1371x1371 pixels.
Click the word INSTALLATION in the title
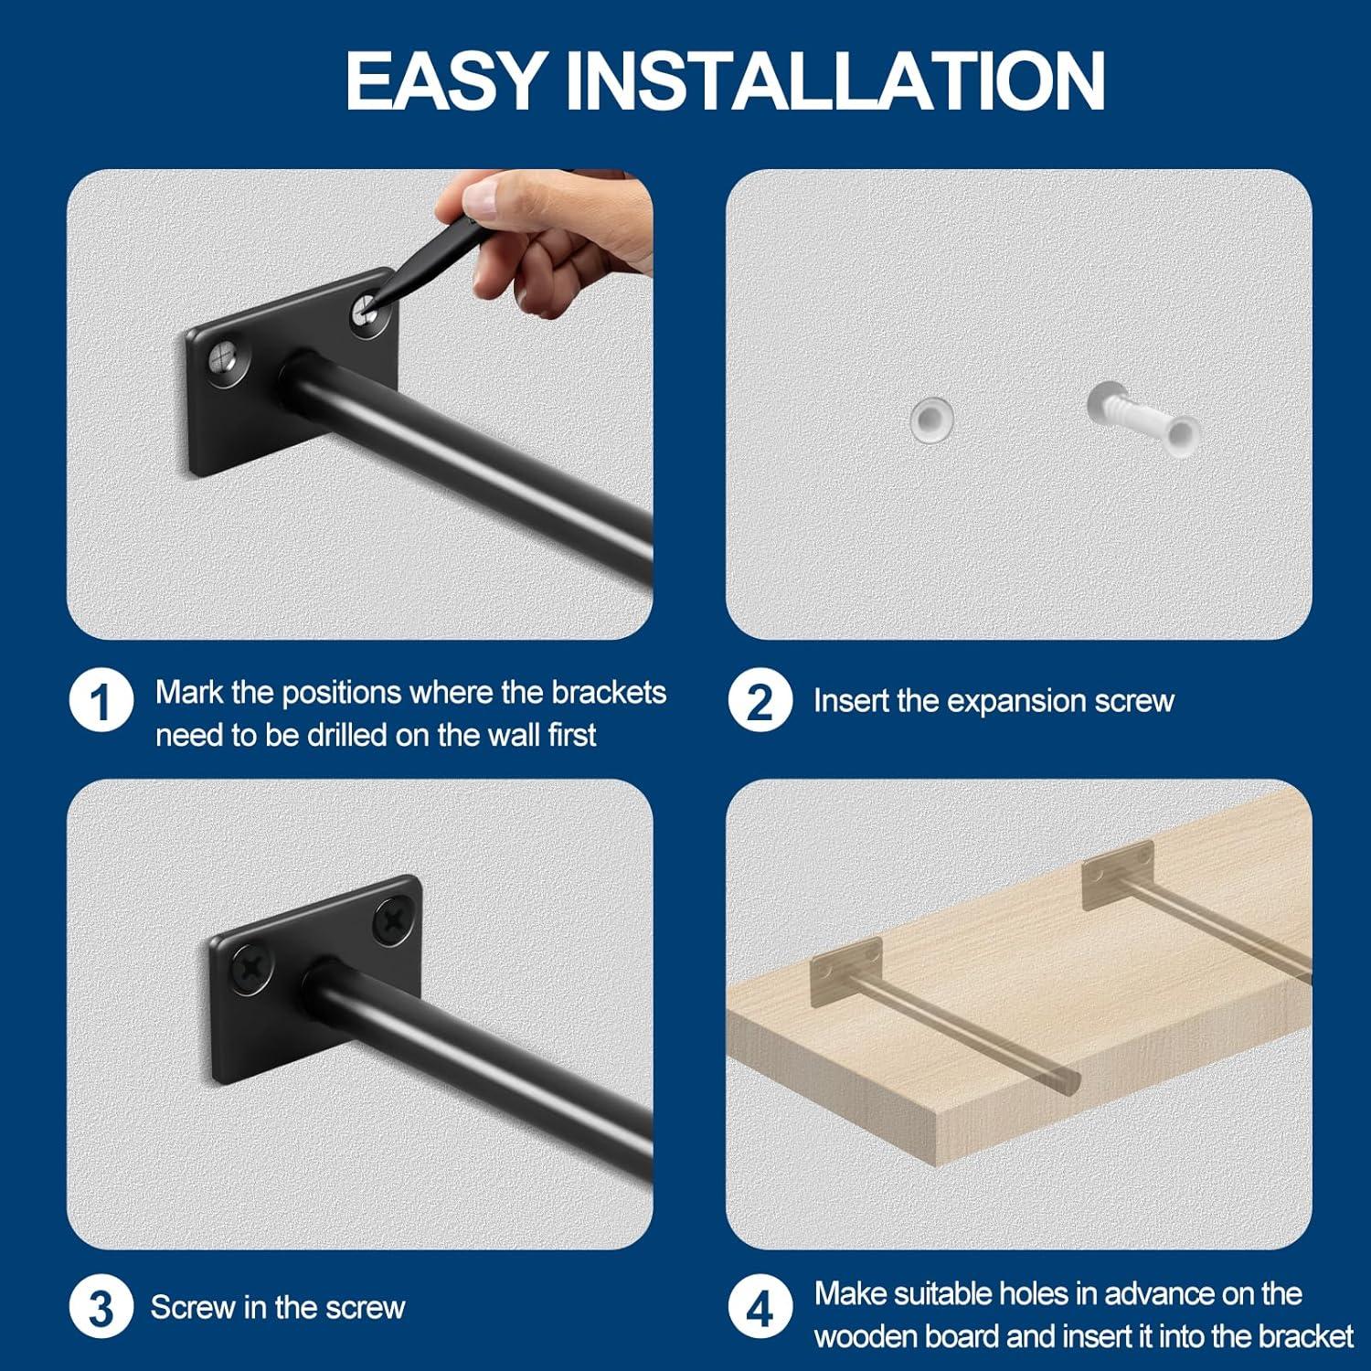[835, 80]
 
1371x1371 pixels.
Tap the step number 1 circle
[101, 702]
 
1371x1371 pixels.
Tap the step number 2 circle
[760, 702]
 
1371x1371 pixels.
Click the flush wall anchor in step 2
[931, 419]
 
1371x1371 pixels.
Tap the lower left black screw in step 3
[250, 967]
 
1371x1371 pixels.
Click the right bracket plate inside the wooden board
[1117, 875]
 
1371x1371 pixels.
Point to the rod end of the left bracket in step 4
[1068, 1081]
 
